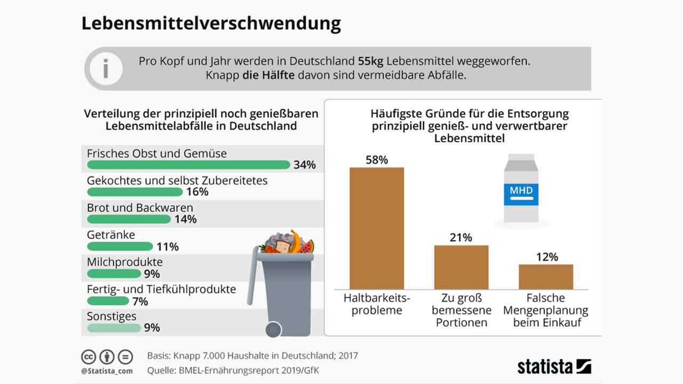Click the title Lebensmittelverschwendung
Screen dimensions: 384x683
pyautogui.click(x=211, y=24)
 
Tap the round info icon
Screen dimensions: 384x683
pyautogui.click(x=106, y=69)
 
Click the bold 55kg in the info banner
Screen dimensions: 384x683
pyautogui.click(x=370, y=61)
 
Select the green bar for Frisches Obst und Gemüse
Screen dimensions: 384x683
pyautogui.click(x=188, y=165)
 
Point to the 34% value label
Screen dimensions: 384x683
pyautogui.click(x=304, y=165)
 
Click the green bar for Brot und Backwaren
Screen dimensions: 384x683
pyautogui.click(x=129, y=219)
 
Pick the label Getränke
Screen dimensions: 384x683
pyautogui.click(x=111, y=235)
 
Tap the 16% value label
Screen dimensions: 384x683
pyautogui.click(x=197, y=192)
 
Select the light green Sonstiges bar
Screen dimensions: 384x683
pyautogui.click(x=114, y=328)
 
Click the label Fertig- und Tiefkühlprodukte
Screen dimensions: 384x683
pyautogui.click(x=161, y=289)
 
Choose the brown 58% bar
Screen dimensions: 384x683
pyautogui.click(x=376, y=228)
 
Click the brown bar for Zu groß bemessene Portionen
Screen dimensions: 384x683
pyautogui.click(x=461, y=267)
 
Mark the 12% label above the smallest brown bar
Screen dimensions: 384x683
pyautogui.click(x=546, y=257)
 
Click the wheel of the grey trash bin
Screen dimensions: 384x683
pyautogui.click(x=274, y=329)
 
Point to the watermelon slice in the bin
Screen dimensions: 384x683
pyautogui.click(x=306, y=247)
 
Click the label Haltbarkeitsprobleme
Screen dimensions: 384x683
pyautogui.click(x=376, y=304)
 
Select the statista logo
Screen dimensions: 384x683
pyautogui.click(x=554, y=366)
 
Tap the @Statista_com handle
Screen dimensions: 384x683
pyautogui.click(x=107, y=371)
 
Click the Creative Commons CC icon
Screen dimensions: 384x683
pyautogui.click(x=89, y=356)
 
